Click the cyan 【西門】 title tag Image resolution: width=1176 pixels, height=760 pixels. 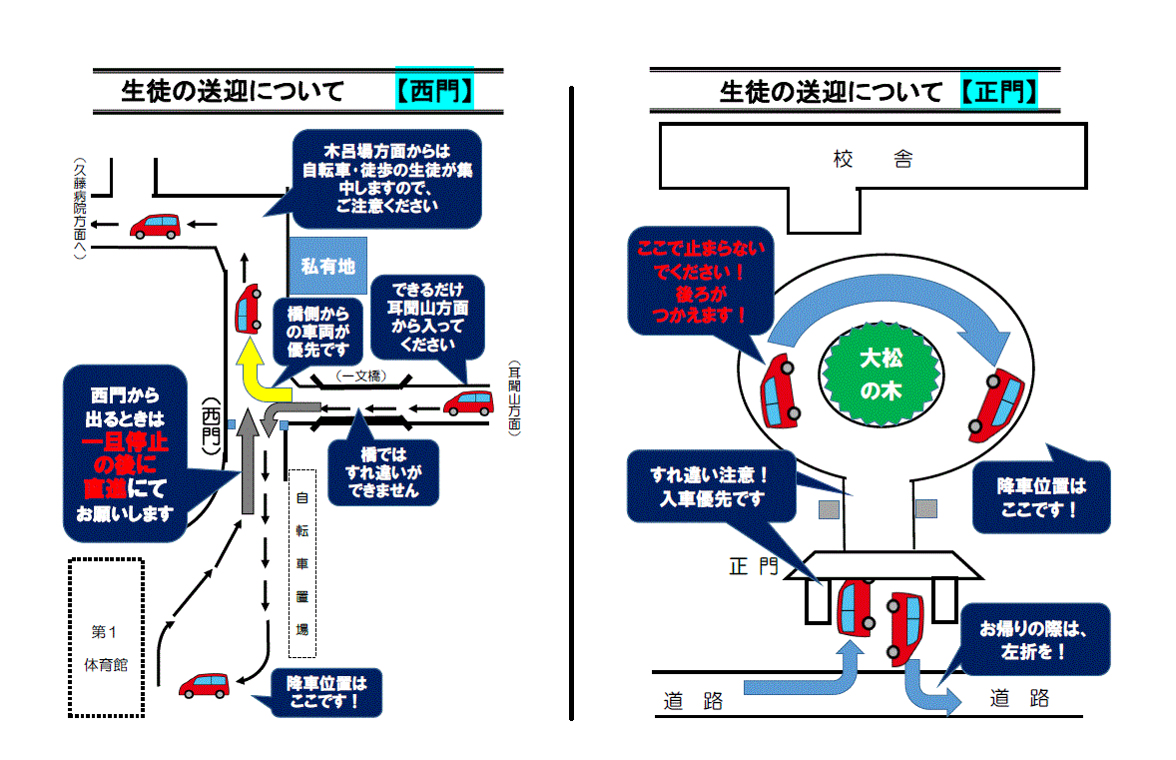(x=435, y=89)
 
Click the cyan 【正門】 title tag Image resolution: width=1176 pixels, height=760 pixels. (x=999, y=92)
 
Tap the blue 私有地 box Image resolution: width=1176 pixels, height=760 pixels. (x=327, y=266)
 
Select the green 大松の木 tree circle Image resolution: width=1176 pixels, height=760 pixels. (x=881, y=375)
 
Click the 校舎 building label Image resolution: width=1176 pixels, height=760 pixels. (x=873, y=159)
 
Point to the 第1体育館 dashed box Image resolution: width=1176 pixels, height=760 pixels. (x=106, y=638)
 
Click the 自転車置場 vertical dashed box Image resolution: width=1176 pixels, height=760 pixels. (x=302, y=563)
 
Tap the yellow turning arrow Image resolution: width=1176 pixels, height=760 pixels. (x=259, y=373)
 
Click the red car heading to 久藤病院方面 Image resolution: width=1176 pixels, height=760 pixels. (x=156, y=226)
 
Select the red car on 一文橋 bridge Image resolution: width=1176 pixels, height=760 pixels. (x=469, y=402)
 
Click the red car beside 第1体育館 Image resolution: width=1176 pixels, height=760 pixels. (x=204, y=686)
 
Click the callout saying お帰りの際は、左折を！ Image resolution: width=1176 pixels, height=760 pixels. (x=1033, y=640)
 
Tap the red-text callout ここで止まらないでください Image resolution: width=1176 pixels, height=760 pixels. (x=700, y=282)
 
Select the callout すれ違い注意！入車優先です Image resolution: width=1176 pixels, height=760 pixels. (x=711, y=486)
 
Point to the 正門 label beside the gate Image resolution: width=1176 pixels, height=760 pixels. (x=754, y=565)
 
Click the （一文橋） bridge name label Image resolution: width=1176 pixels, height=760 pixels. (x=361, y=376)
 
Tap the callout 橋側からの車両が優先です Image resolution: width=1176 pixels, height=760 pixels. (x=317, y=332)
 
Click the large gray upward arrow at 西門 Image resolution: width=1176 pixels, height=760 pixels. (x=249, y=461)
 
